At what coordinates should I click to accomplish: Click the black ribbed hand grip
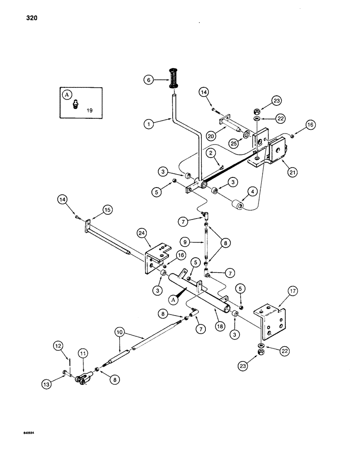[174, 79]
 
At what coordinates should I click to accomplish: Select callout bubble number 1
[148, 124]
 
